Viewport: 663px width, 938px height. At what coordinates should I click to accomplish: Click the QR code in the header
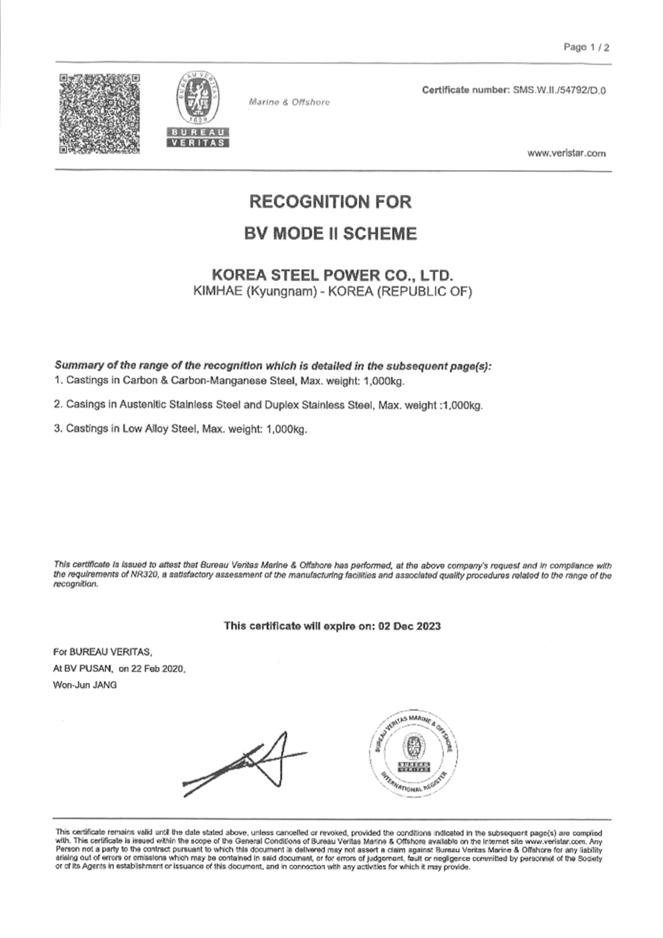99,114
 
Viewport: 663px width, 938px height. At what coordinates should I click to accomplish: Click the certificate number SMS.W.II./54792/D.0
559,90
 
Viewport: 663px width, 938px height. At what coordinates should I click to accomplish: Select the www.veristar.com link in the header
566,153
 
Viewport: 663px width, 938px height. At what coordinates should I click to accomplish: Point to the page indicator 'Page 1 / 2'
586,47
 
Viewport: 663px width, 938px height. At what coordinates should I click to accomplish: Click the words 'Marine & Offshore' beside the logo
289,102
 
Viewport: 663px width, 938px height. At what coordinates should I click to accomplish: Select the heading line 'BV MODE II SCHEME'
330,234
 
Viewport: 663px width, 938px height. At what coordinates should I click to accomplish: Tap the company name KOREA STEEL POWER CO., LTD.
333,275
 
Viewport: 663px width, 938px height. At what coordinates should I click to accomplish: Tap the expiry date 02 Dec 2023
409,626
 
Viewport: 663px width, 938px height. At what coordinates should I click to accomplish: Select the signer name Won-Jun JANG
85,685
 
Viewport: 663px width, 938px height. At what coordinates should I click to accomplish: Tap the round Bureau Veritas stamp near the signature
413,754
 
